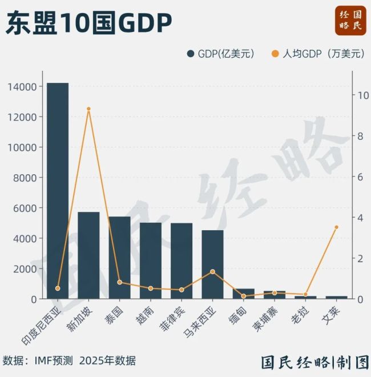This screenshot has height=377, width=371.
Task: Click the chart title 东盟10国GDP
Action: (x=88, y=24)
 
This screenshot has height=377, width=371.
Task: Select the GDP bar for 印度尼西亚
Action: (x=58, y=191)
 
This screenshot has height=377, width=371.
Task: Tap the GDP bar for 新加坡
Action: (x=88, y=255)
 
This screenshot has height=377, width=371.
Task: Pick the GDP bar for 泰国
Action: (x=119, y=258)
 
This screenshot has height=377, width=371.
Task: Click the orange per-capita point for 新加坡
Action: (x=88, y=109)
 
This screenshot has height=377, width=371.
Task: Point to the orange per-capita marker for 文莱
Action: (x=336, y=227)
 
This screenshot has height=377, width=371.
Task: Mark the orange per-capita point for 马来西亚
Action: (x=212, y=271)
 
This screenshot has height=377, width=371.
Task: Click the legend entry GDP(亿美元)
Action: (x=220, y=54)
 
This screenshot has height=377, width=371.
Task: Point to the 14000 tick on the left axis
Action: (x=23, y=87)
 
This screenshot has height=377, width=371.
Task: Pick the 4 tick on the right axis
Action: (x=360, y=218)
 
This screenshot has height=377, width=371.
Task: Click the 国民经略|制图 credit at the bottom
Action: (x=314, y=362)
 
